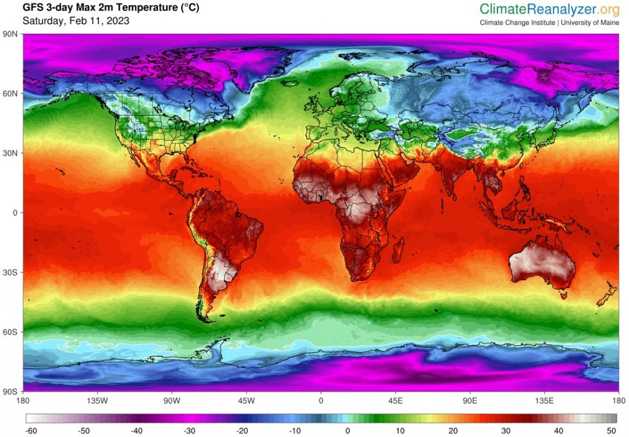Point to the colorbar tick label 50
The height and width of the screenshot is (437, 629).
pos(611,430)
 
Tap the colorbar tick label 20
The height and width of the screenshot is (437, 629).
pos(453,430)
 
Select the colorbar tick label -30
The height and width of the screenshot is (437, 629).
pos(189,430)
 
